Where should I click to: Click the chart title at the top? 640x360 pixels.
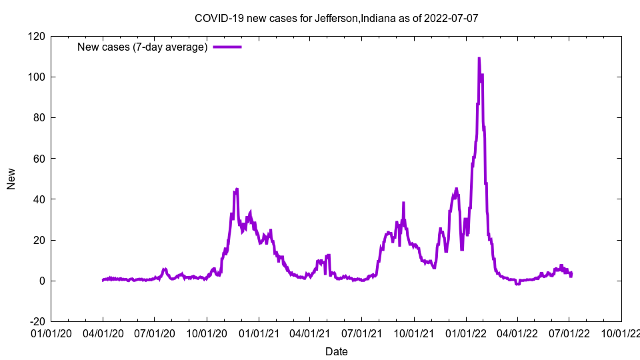(x=336, y=18)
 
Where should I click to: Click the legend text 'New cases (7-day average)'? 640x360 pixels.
(x=143, y=47)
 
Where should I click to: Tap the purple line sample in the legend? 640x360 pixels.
(x=227, y=47)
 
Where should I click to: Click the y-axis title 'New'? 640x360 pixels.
(x=11, y=179)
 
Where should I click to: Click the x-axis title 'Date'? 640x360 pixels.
(x=336, y=351)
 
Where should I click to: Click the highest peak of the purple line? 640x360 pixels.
(x=479, y=59)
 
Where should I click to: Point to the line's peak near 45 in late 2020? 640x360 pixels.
(x=236, y=190)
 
